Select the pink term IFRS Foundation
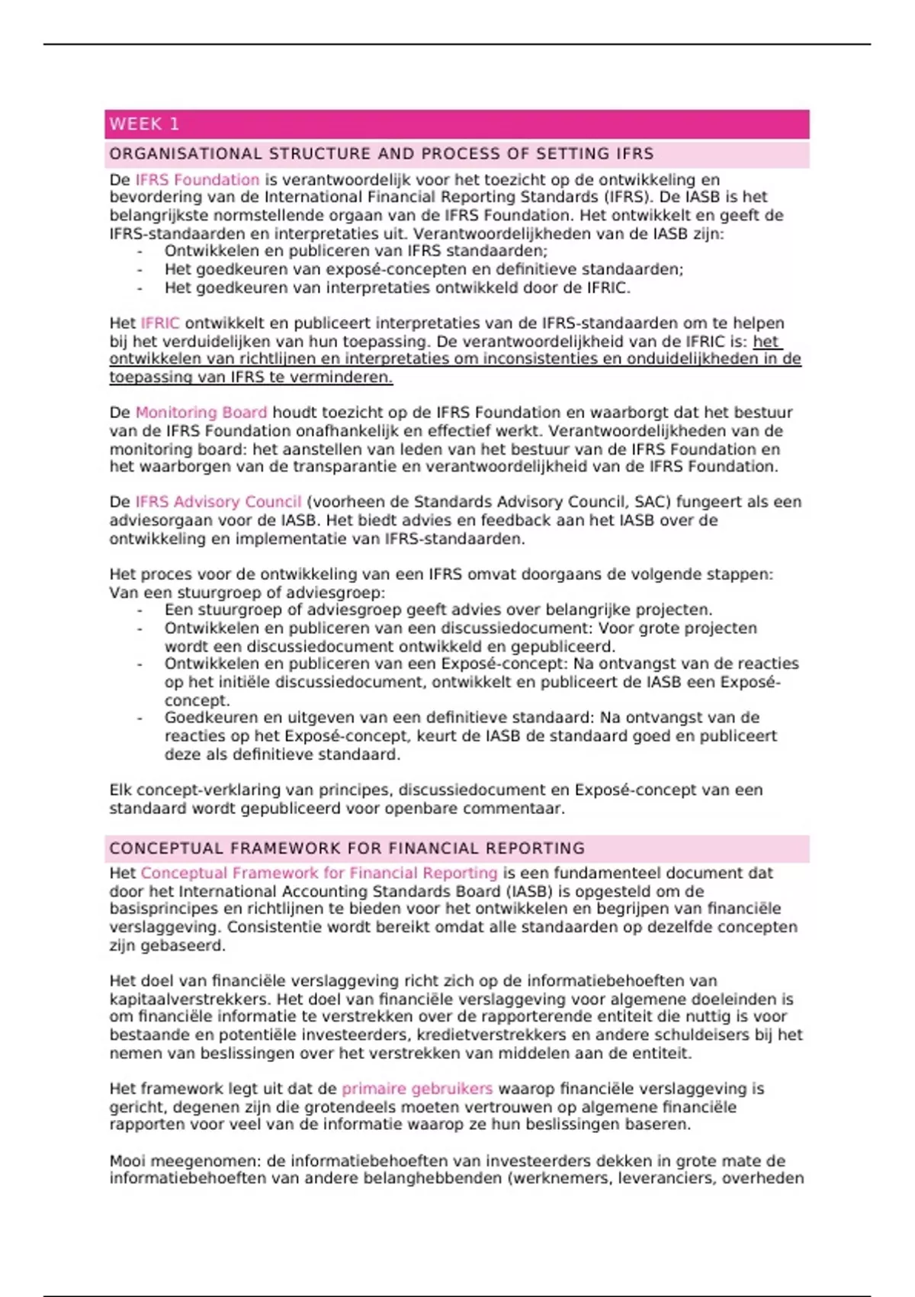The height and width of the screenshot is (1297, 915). click(x=197, y=180)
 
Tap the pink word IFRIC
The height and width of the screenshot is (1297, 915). click(x=160, y=323)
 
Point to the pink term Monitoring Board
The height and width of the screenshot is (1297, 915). click(x=201, y=413)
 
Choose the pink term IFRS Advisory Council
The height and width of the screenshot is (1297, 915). click(x=218, y=502)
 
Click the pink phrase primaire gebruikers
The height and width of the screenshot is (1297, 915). click(x=417, y=1089)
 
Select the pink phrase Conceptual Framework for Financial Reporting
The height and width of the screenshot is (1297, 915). click(x=319, y=873)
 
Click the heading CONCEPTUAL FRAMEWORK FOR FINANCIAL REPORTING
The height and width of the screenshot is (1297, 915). click(x=347, y=848)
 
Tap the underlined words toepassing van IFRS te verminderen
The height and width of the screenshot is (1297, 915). click(x=251, y=377)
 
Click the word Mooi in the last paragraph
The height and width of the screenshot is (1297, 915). click(x=127, y=1161)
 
